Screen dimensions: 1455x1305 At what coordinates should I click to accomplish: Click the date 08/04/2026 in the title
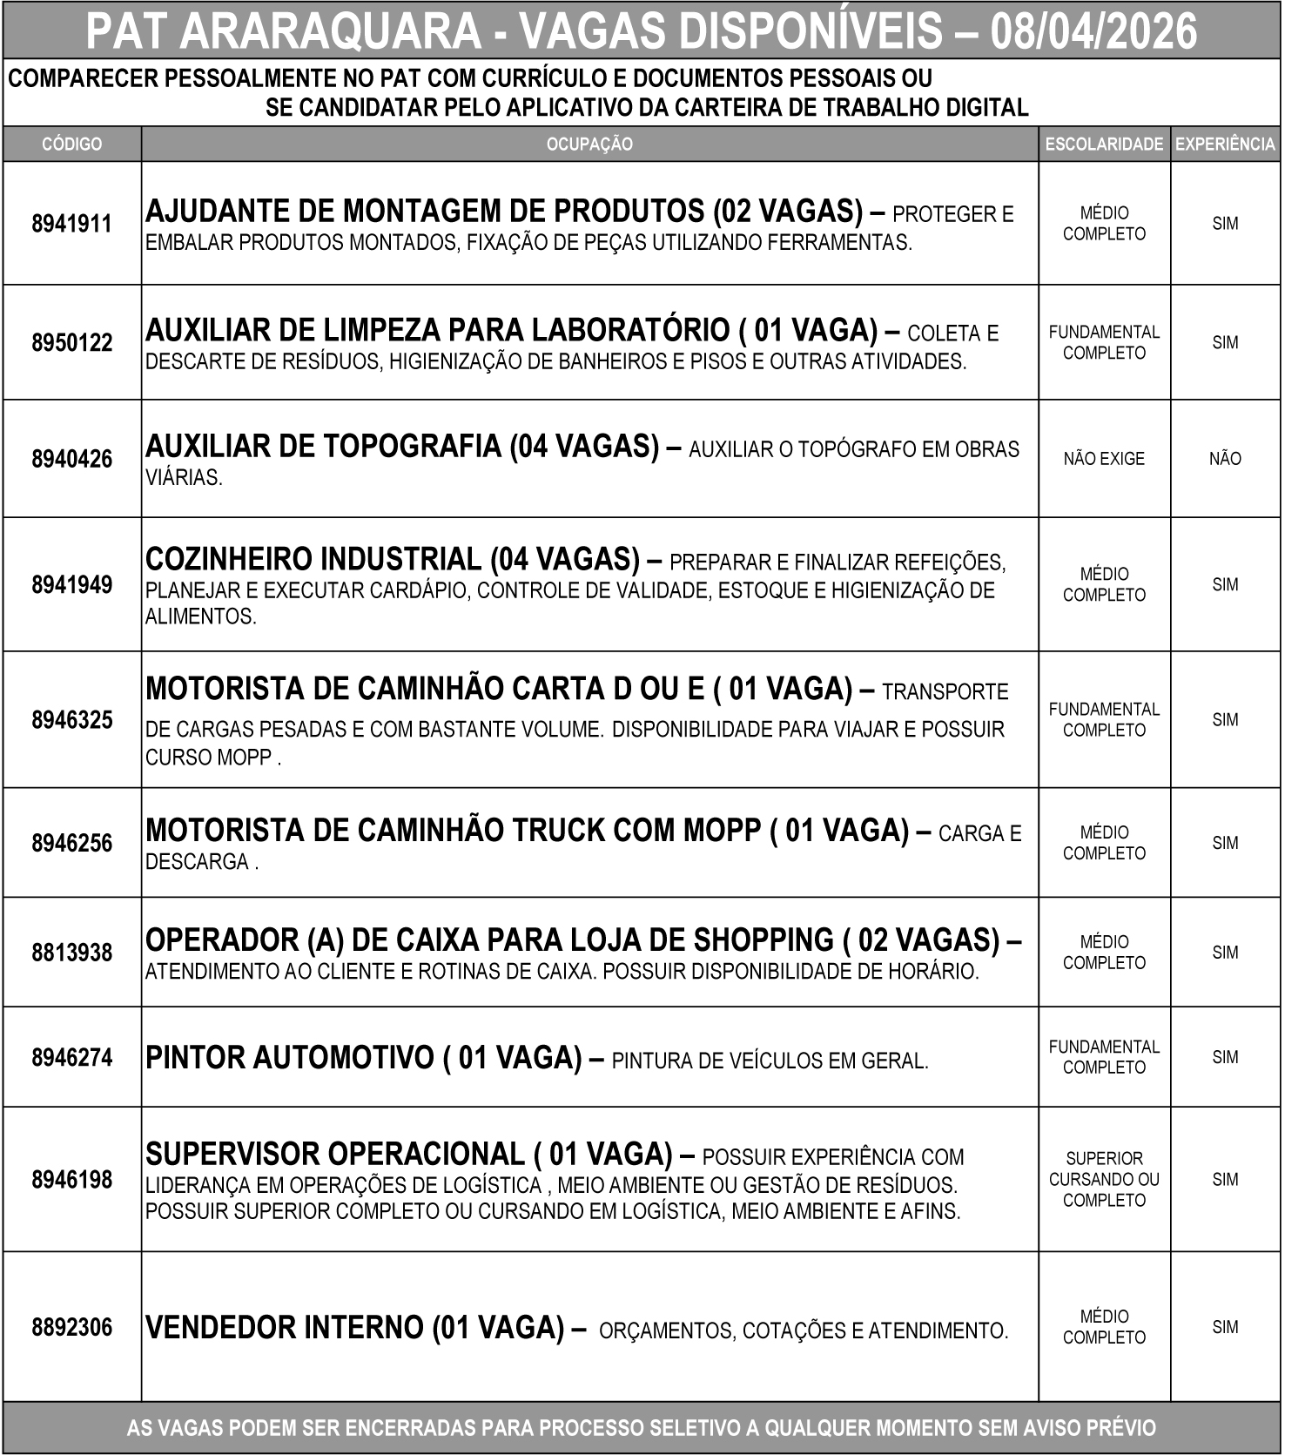[1093, 32]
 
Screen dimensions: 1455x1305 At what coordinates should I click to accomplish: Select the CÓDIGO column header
[71, 145]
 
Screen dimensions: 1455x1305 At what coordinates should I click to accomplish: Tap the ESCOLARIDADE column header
[1104, 145]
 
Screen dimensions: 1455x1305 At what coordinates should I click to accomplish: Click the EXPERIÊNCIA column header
[1225, 145]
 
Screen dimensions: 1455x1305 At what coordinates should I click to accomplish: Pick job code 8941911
[71, 224]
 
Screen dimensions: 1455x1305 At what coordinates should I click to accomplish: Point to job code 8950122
[71, 342]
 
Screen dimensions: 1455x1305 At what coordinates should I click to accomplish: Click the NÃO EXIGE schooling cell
[1104, 459]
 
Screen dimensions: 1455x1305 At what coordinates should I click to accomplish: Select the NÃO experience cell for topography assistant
[1225, 459]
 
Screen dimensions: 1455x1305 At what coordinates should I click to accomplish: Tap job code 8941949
[71, 584]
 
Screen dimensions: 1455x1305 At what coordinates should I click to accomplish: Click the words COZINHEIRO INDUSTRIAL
[313, 559]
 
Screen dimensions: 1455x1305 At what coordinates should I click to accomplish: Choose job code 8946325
[71, 720]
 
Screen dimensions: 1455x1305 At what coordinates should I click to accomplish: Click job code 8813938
[71, 953]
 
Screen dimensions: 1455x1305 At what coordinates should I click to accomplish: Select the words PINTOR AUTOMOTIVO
[289, 1058]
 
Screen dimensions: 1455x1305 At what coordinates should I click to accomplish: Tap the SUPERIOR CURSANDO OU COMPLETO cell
[1104, 1180]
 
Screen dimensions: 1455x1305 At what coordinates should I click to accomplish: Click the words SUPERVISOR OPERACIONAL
[334, 1155]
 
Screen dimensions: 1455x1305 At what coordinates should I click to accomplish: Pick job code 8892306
[71, 1328]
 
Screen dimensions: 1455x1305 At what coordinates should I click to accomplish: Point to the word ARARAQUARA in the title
[332, 32]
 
